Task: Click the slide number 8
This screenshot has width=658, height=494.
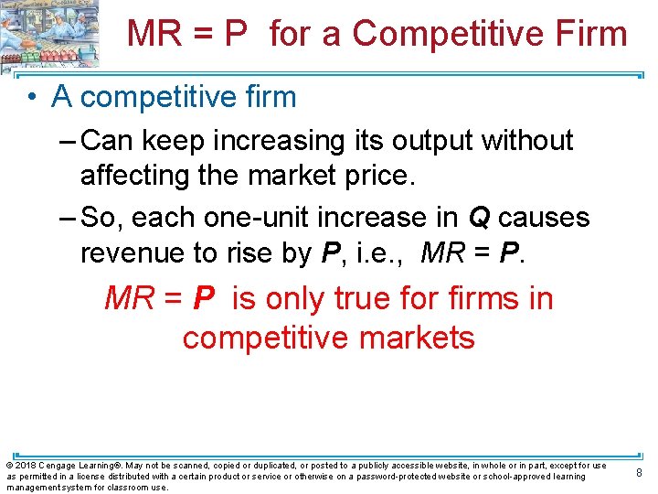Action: tap(639, 473)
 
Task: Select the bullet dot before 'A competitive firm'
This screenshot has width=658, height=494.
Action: tap(32, 96)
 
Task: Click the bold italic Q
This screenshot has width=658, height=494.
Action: tap(479, 218)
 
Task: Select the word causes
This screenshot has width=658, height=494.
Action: tap(544, 218)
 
